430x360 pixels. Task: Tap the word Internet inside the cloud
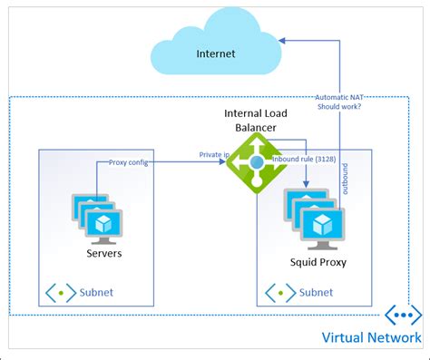pos(216,54)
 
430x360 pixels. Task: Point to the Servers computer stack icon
pos(97,218)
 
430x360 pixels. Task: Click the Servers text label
pos(103,253)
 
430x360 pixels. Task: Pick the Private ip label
pos(214,155)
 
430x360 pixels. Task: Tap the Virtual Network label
pos(371,338)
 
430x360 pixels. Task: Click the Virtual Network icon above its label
pos(403,315)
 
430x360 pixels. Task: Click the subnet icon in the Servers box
pos(61,293)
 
